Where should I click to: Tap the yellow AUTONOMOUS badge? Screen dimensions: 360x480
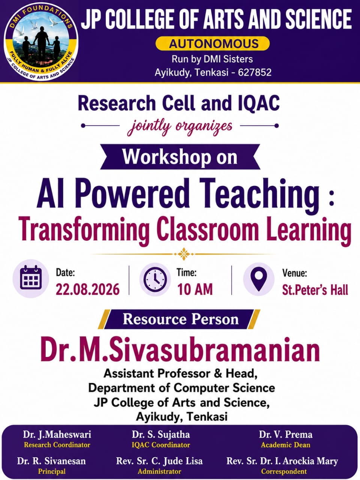213,43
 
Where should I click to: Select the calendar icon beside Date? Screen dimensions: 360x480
31,278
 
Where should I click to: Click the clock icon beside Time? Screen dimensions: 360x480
155,280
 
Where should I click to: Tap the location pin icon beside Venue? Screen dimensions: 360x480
259,279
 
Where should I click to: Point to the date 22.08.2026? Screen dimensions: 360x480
88,289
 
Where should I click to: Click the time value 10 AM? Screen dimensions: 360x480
195,289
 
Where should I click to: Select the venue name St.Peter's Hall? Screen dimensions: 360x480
315,290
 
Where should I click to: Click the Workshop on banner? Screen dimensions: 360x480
180,157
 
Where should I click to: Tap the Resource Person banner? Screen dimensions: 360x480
179,319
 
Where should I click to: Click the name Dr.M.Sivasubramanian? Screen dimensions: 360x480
180,350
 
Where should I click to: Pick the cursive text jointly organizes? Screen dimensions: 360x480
180,127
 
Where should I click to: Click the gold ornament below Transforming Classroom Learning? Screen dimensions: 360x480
184,254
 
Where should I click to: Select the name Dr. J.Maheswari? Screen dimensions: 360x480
57,435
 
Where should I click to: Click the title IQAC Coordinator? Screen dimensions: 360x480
161,445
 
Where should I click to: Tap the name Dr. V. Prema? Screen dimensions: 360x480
286,435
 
